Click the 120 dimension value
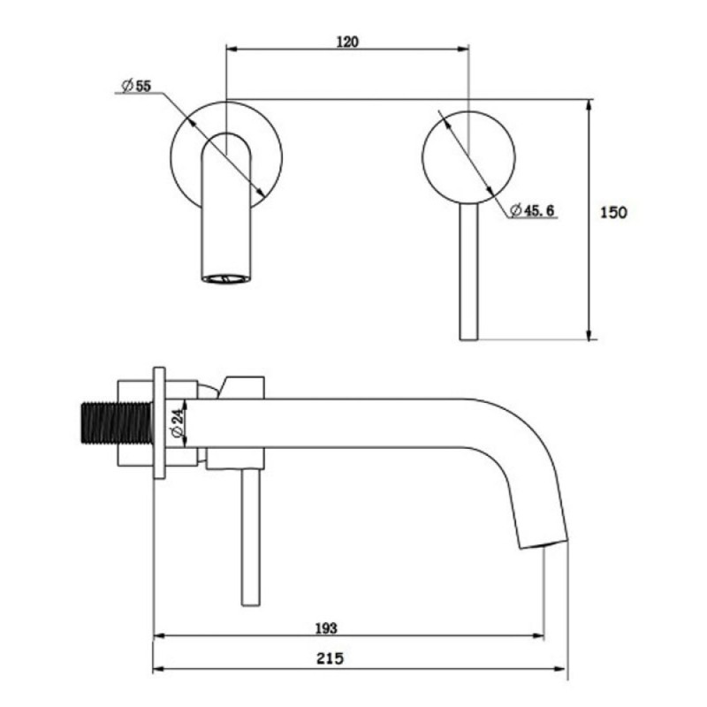point(347,42)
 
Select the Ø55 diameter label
point(136,85)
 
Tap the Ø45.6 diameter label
point(532,210)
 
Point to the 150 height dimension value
point(613,212)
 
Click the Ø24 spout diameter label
point(178,423)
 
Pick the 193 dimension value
point(326,628)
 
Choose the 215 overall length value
point(330,658)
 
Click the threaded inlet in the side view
point(118,422)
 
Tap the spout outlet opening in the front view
point(226,278)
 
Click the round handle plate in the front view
point(468,157)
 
